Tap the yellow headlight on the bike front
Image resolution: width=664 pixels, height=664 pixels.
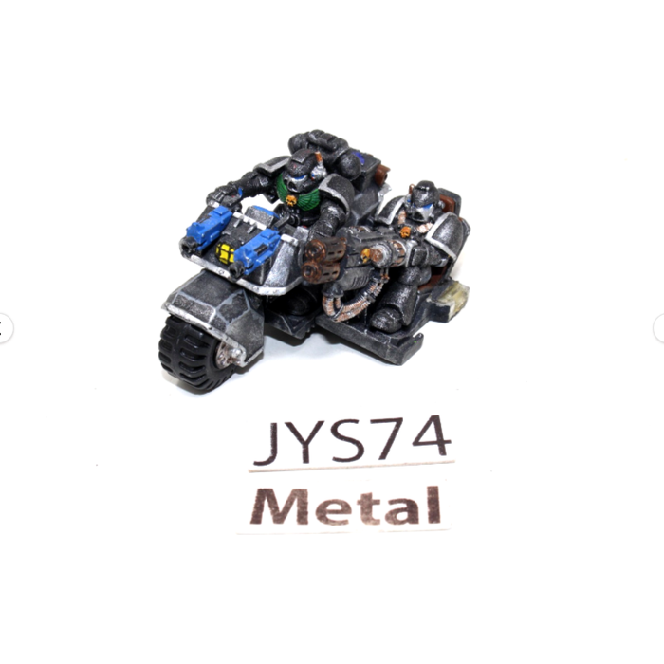coord(225,253)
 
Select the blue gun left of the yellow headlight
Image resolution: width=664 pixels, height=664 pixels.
coord(207,230)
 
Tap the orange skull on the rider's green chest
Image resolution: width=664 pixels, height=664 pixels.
coord(291,200)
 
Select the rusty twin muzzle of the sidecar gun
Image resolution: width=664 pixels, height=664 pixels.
coord(321,260)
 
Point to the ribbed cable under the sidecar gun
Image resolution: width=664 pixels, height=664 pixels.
coord(352,302)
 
